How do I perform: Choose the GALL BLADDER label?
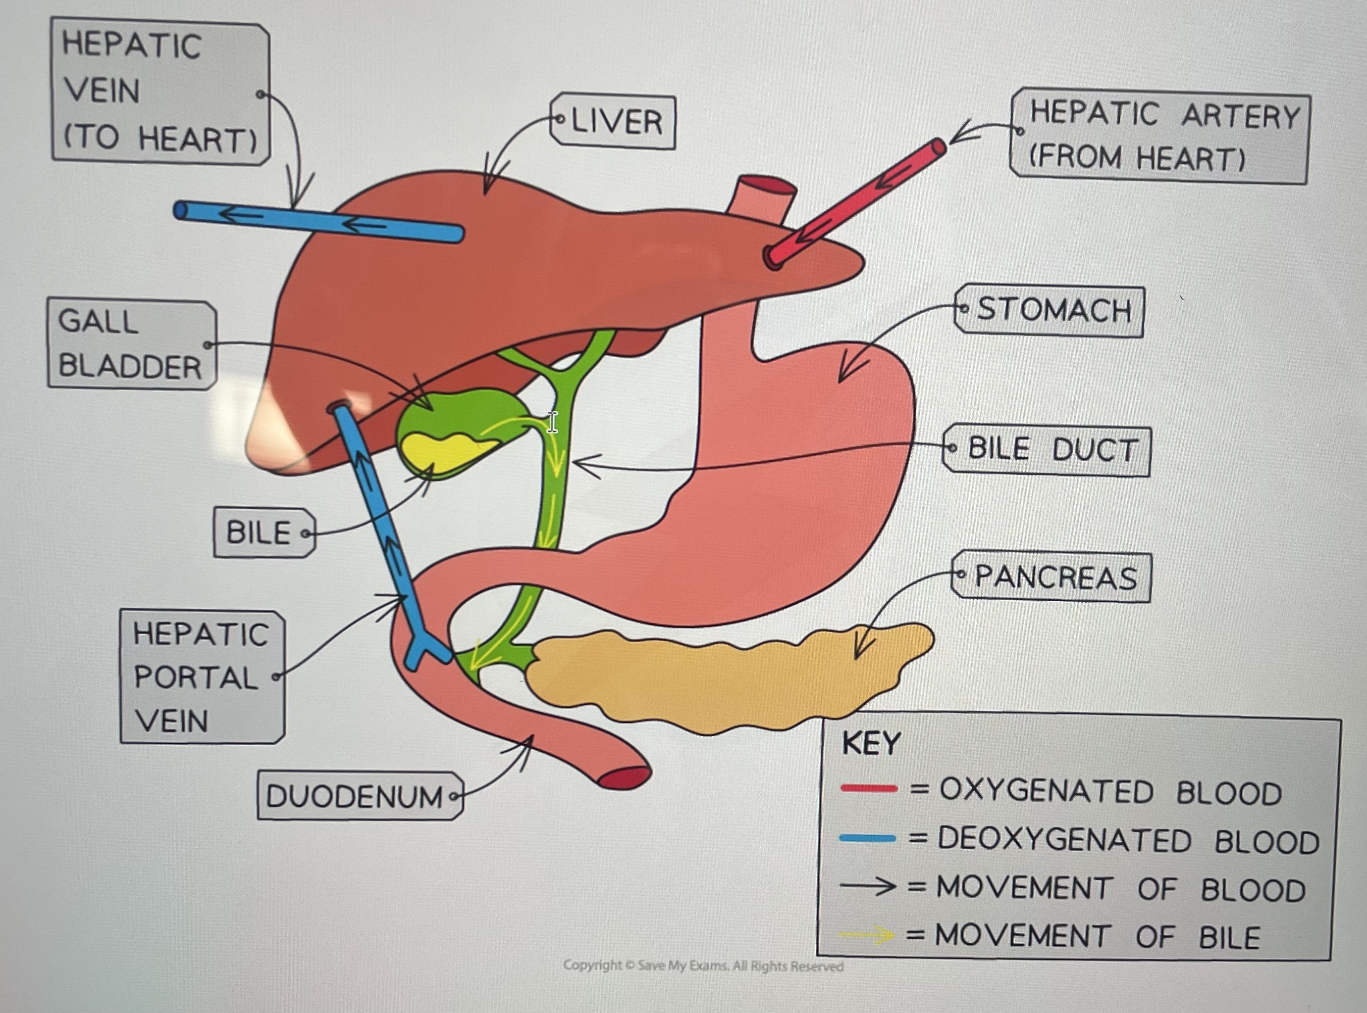(132, 345)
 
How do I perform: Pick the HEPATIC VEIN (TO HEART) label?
(161, 92)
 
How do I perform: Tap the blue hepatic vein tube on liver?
(319, 221)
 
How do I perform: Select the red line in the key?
(868, 789)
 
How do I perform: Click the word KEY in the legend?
(871, 744)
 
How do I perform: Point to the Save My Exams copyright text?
(703, 967)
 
